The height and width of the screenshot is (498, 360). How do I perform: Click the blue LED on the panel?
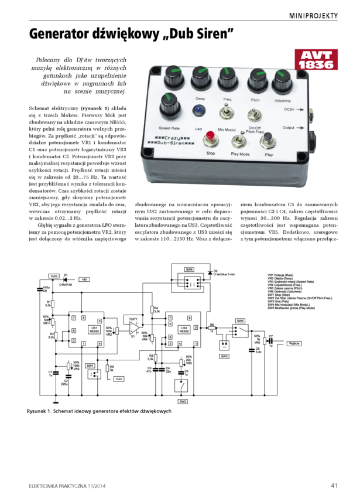(200, 110)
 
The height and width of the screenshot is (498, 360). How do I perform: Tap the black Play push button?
(269, 140)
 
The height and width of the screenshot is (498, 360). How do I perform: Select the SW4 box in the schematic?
(189, 270)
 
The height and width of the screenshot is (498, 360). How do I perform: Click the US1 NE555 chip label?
(94, 329)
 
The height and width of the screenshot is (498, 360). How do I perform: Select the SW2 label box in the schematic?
(183, 401)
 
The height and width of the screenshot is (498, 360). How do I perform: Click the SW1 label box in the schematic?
(91, 366)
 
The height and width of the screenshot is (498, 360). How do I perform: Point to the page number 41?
(334, 485)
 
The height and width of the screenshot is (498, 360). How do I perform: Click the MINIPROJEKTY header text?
(313, 15)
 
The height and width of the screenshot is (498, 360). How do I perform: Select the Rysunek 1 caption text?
(98, 411)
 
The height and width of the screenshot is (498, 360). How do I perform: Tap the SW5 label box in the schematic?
(240, 321)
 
